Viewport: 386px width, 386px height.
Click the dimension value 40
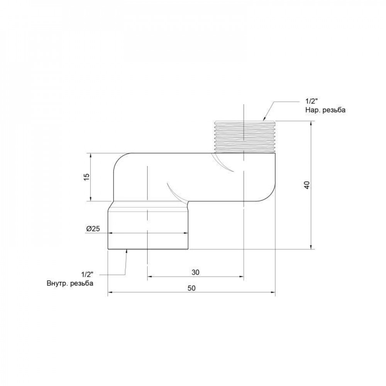point(306,185)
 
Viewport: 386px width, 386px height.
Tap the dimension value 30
point(195,272)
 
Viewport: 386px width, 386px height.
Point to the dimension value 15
point(86,176)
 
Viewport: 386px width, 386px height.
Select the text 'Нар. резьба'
point(325,110)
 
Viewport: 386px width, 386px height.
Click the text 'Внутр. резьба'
point(69,283)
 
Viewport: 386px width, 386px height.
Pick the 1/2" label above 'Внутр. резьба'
point(88,274)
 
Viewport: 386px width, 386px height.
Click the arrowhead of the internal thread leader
point(127,251)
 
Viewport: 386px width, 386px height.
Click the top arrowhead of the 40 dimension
point(312,123)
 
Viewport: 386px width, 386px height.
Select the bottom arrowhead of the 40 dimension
point(312,247)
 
